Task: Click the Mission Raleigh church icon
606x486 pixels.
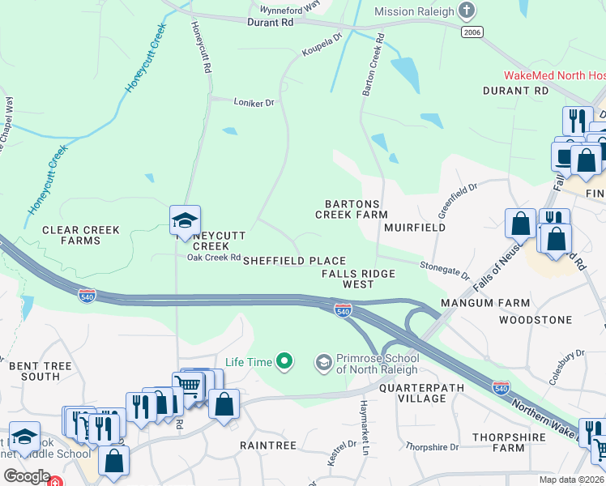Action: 466,11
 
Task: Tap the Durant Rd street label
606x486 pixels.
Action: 271,23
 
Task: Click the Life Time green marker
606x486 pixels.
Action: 284,361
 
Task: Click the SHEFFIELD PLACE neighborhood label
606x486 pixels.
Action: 295,262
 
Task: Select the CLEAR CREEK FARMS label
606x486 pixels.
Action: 81,235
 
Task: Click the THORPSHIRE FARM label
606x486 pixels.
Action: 510,442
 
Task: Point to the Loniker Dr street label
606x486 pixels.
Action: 254,103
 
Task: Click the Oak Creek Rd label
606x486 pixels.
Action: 214,258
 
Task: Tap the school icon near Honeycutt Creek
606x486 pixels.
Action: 185,220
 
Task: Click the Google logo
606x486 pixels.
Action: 27,476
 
